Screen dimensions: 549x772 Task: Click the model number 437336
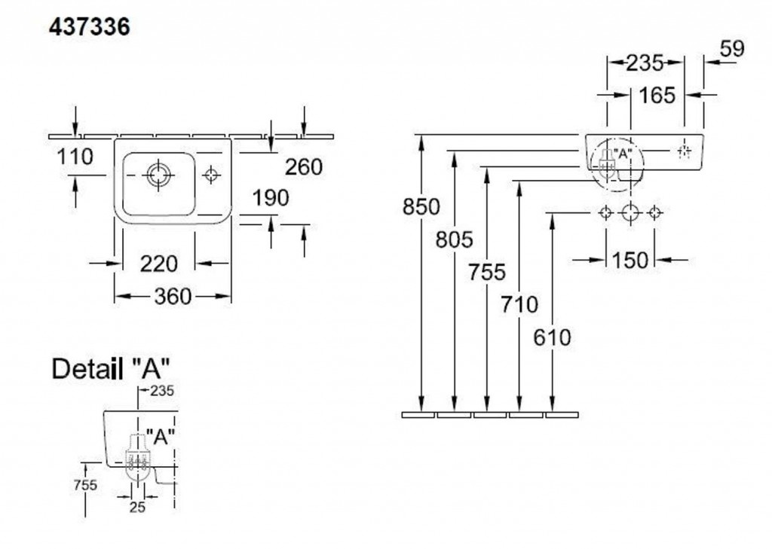[x=90, y=27]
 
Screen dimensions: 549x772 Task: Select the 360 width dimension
[x=173, y=297]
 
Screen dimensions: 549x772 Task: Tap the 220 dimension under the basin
[x=158, y=264]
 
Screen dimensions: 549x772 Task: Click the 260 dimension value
[x=304, y=167]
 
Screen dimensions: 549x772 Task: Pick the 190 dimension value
[x=271, y=199]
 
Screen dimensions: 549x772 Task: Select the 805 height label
[x=454, y=239]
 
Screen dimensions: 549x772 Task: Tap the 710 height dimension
[x=520, y=304]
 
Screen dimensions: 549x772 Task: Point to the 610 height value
[x=553, y=337]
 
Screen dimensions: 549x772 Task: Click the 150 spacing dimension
[x=630, y=260]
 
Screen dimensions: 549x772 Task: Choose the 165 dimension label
[x=657, y=96]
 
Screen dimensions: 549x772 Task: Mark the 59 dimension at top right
[x=731, y=49]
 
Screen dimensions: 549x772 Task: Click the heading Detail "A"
[x=110, y=369]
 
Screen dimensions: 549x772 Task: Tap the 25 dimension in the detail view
[x=136, y=507]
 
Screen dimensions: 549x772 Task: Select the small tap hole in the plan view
[x=212, y=175]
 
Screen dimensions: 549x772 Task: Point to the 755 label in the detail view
[x=86, y=485]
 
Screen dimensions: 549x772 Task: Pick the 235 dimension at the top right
[x=645, y=63]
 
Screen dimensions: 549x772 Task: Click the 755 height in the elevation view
[x=487, y=272]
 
